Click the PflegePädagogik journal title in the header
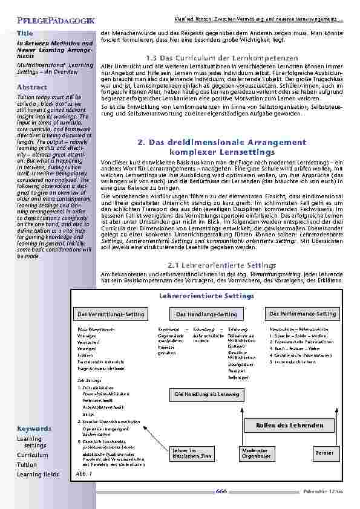coord(47,21)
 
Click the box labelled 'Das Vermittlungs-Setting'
coord(111,315)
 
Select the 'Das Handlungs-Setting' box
coord(206,315)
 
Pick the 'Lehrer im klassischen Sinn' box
coord(188,453)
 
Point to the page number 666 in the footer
coord(221,491)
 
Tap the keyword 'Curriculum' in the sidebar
coord(32,455)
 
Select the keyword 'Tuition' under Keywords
coord(27,465)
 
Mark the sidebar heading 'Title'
coord(25,33)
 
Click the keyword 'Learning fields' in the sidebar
coord(38,475)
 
